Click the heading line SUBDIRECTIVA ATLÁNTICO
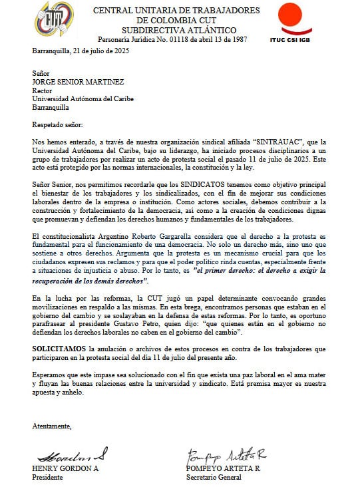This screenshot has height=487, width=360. point(178,30)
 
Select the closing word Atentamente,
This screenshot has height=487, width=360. point(52,426)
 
